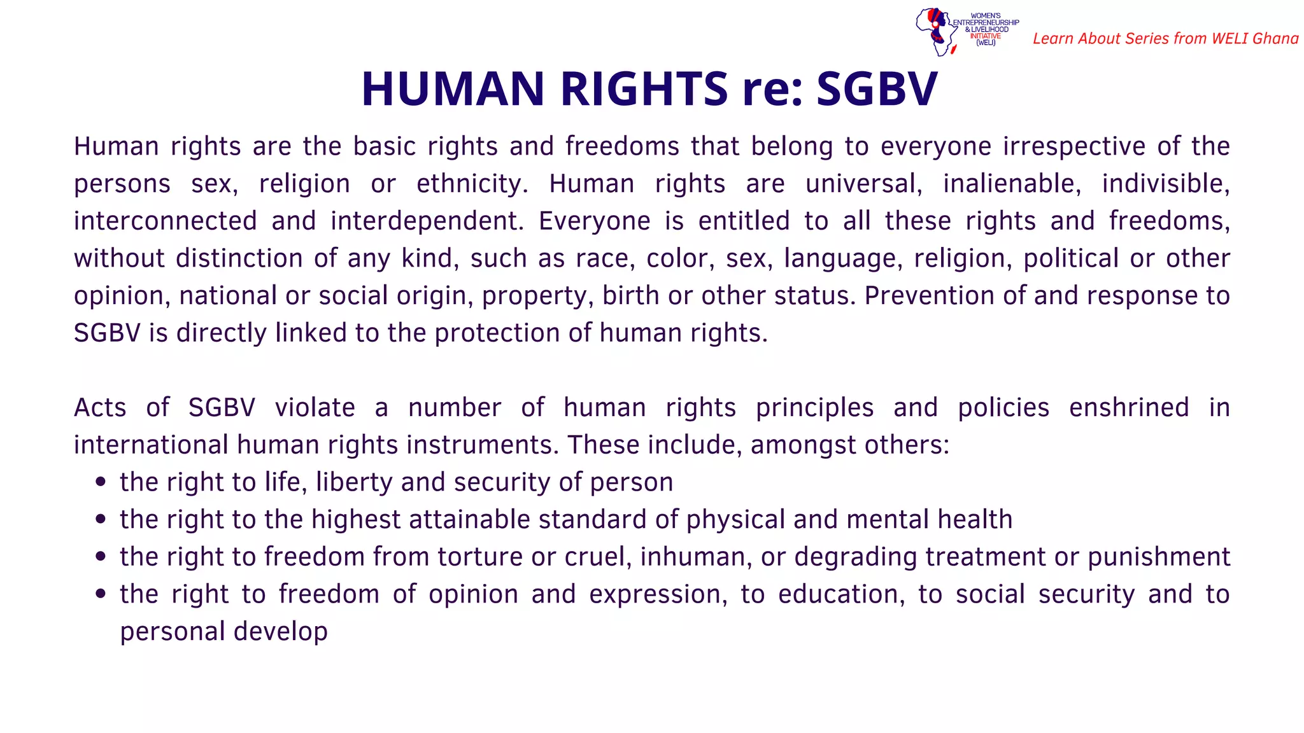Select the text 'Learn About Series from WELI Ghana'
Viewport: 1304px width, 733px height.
click(x=1165, y=39)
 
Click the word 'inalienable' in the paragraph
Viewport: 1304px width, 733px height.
click(x=1012, y=184)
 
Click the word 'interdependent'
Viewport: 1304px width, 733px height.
click(x=427, y=221)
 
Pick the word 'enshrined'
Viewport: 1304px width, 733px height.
click(x=1128, y=408)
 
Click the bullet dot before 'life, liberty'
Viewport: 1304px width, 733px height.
click(x=100, y=482)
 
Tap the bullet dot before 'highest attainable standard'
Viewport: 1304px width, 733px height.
click(x=100, y=519)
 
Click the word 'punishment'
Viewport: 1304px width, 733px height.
click(x=1158, y=557)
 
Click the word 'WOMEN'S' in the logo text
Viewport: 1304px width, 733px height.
click(x=986, y=15)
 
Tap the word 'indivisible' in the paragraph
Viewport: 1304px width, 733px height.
click(x=1165, y=184)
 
